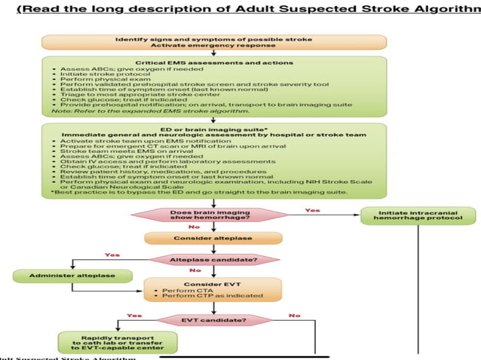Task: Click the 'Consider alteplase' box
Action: pyautogui.click(x=213, y=238)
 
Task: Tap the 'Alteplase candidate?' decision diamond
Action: pyautogui.click(x=213, y=259)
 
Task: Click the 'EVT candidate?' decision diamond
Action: pyautogui.click(x=213, y=319)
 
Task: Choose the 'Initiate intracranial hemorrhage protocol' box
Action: pyautogui.click(x=418, y=215)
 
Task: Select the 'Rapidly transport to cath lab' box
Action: pyautogui.click(x=118, y=343)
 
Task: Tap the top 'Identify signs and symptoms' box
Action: pyautogui.click(x=213, y=41)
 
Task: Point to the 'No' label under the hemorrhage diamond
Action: pyautogui.click(x=194, y=226)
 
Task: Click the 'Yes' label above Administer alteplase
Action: pyautogui.click(x=112, y=255)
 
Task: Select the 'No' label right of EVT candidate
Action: pyautogui.click(x=294, y=315)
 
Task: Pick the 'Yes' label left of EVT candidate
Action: pyautogui.click(x=135, y=315)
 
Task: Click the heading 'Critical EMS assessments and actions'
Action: pyautogui.click(x=213, y=63)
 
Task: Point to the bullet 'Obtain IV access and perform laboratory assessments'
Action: pyautogui.click(x=136, y=160)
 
